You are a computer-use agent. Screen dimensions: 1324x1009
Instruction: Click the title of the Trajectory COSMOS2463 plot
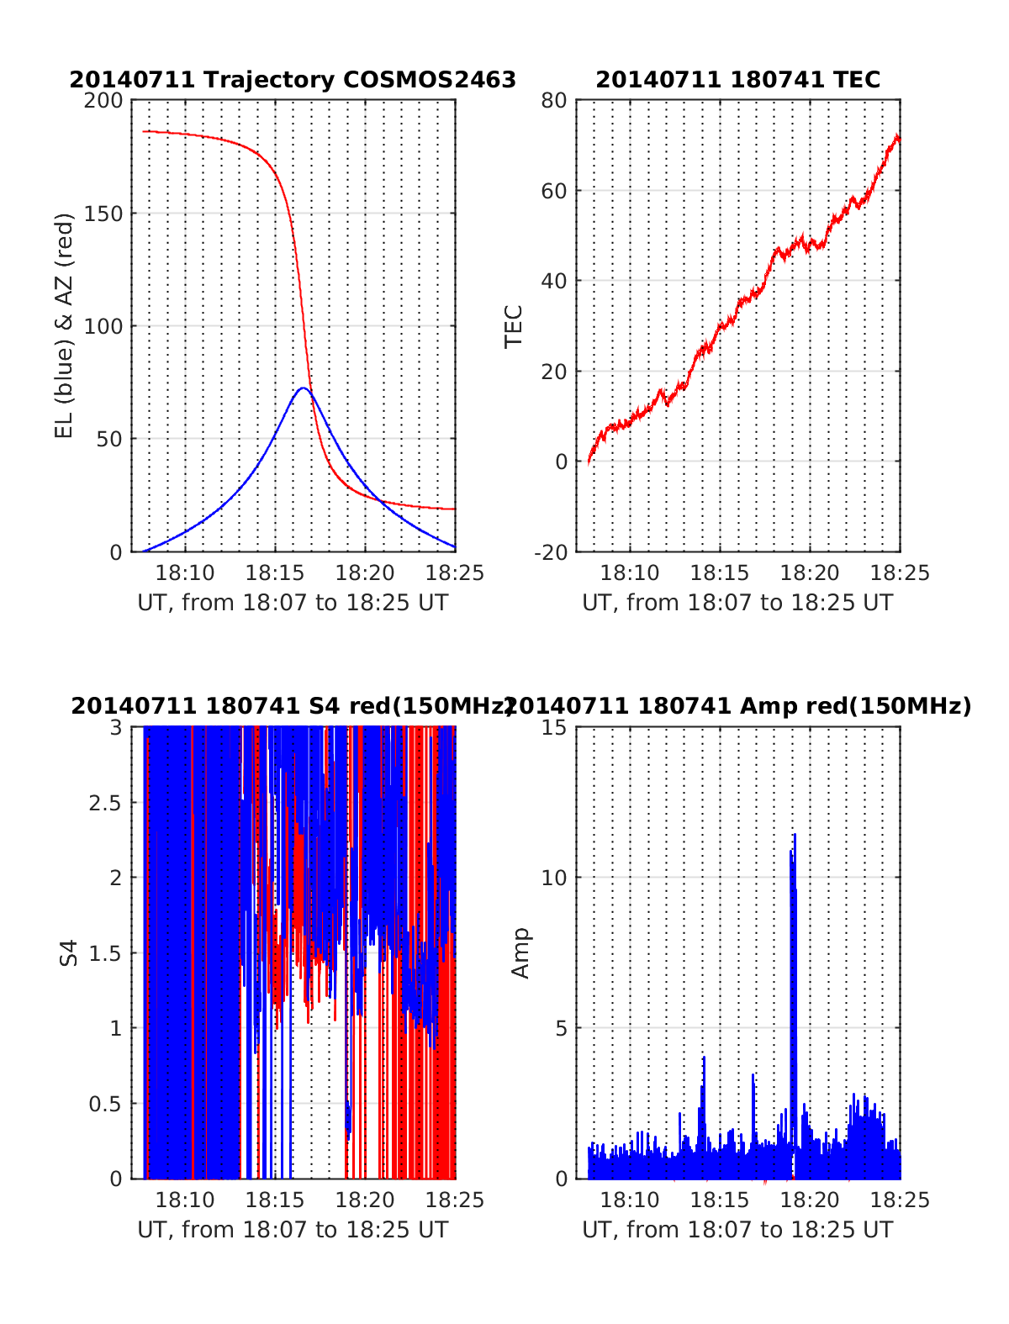click(x=293, y=80)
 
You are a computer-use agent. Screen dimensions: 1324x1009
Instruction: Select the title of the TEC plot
click(x=737, y=80)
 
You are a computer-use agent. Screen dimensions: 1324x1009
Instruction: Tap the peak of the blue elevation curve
click(x=303, y=388)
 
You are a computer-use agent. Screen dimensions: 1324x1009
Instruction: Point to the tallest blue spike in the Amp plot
click(x=794, y=836)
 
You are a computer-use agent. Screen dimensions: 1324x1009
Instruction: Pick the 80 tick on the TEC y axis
click(x=555, y=100)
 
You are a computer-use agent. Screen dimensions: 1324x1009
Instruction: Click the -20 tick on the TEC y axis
click(x=551, y=551)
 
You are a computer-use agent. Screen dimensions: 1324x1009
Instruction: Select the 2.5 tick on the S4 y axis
click(x=105, y=802)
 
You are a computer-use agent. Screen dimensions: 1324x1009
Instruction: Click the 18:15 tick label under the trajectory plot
click(x=274, y=573)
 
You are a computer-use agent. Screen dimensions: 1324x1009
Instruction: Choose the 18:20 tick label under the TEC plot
click(x=810, y=573)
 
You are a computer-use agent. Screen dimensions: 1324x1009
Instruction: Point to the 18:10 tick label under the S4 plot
click(x=185, y=1200)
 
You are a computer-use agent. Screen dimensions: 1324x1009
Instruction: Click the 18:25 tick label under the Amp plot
click(x=901, y=1200)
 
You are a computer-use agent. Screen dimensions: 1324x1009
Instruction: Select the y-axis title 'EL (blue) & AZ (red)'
click(x=65, y=325)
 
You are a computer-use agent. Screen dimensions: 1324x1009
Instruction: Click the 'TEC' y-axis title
click(x=513, y=326)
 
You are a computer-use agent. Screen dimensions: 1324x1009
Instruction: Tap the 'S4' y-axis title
click(x=69, y=953)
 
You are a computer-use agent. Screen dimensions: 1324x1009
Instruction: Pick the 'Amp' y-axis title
click(x=521, y=953)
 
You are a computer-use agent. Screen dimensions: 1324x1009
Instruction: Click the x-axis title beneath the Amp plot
click(x=737, y=1230)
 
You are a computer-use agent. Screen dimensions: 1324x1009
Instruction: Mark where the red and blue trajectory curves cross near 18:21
click(x=381, y=502)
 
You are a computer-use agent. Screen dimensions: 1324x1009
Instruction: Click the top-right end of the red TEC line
click(x=898, y=136)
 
